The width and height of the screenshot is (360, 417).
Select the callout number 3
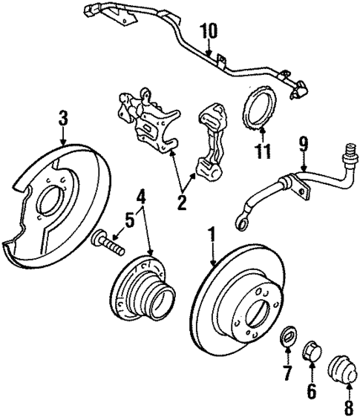[63, 117]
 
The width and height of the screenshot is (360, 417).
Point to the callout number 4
[140, 197]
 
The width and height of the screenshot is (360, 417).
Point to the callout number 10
[209, 31]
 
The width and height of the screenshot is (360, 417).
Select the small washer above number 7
[285, 339]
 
